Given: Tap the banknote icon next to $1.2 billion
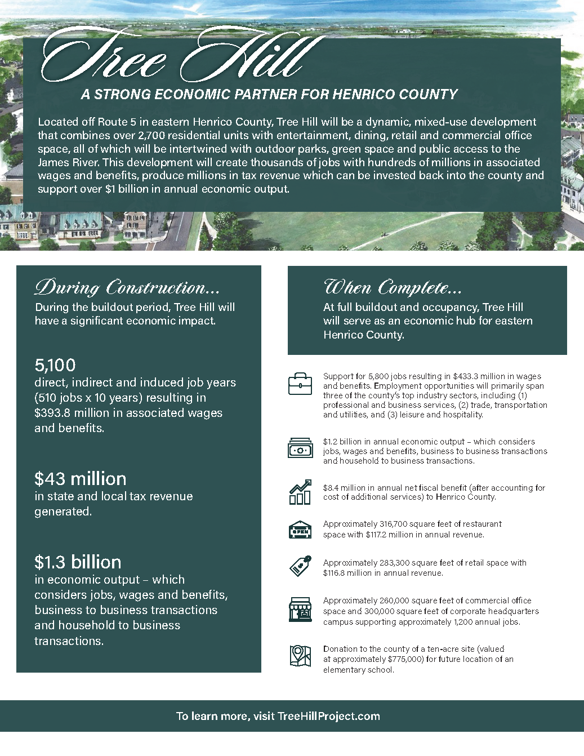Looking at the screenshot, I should tap(300, 450).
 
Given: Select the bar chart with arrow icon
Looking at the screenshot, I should tap(300, 492).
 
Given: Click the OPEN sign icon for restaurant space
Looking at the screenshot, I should tap(300, 530).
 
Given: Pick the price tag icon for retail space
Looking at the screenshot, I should tap(300, 566).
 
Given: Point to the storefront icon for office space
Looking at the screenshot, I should tap(300, 610).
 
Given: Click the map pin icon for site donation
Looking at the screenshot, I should tap(300, 656).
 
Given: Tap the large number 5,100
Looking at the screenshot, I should tap(55, 365).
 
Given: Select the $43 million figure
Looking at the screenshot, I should tap(80, 479).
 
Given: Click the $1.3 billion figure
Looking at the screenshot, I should tap(78, 562).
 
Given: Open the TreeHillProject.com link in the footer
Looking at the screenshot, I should tap(329, 716).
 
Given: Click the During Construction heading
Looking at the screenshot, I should tap(127, 287).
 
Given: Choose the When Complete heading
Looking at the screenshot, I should tap(393, 287).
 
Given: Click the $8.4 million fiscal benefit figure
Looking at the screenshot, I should tap(345, 488).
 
